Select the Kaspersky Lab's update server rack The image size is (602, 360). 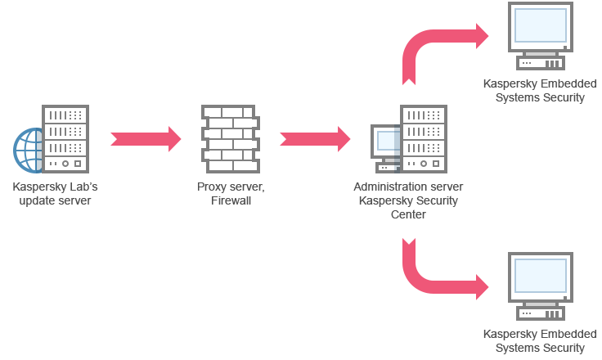coord(65,139)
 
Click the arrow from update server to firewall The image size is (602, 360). coord(146,138)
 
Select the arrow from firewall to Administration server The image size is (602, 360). coord(315,138)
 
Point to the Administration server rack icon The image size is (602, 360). coord(423,139)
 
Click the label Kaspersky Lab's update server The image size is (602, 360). coord(55,193)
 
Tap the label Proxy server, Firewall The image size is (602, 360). coord(231,193)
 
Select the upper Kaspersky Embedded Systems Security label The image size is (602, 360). coord(539,91)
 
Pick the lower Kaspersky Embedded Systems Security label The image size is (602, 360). coord(539,340)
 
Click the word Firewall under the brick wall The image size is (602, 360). coord(231,200)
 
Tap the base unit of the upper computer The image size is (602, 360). coord(541,63)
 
